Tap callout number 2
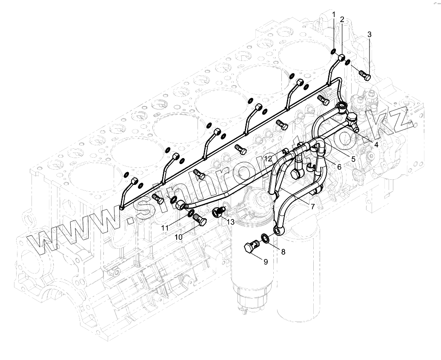point(342,20)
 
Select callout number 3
point(369,34)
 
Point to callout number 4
point(376,145)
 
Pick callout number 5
point(353,159)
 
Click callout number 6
point(339,167)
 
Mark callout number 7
point(312,206)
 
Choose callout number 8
point(283,251)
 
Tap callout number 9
point(266,262)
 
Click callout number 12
point(268,158)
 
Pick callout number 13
point(230,222)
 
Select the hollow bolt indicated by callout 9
point(251,247)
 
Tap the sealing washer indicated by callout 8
point(264,237)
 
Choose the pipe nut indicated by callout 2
point(341,58)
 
